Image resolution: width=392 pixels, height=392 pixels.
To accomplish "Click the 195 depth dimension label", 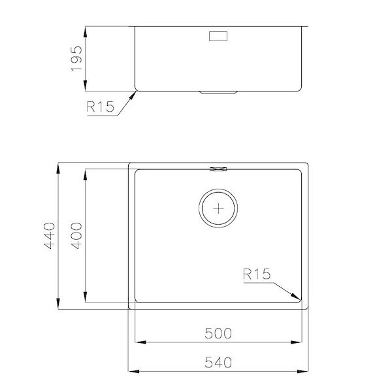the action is coord(76,59).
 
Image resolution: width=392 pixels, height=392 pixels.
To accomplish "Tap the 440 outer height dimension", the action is coord(50,236).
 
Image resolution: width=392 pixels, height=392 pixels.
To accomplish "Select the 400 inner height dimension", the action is coord(76,236).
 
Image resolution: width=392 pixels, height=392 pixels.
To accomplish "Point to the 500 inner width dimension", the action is coord(218,333).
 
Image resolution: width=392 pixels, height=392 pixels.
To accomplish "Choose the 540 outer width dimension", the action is coord(218,363).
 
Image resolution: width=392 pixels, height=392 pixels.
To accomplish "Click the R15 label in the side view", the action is coord(100,106).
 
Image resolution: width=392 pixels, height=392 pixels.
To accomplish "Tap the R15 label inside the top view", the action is coord(257,274).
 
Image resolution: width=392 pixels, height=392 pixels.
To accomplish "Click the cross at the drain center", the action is coord(218,208).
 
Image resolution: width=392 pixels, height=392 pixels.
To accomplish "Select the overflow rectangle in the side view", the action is coord(218,36).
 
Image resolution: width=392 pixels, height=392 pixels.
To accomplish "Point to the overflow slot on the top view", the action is coord(218,169).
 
